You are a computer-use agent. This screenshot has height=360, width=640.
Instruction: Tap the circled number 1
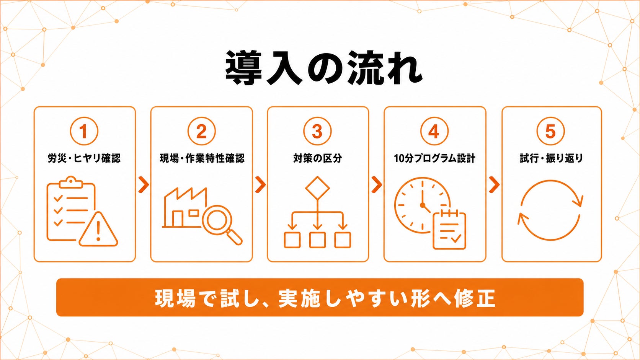[84, 131]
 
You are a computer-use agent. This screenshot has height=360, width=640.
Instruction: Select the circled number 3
[317, 131]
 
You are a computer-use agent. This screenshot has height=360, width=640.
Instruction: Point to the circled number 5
[550, 131]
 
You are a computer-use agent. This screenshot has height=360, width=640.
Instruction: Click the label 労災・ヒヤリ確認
[84, 158]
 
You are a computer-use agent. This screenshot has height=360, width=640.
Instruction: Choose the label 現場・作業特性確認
[202, 158]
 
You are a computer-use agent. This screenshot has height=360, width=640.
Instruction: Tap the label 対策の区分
[317, 158]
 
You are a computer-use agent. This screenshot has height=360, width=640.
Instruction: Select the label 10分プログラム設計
[434, 158]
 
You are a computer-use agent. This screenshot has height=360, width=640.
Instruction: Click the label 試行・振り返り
[551, 158]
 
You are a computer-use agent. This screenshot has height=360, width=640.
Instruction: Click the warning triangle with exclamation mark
[98, 230]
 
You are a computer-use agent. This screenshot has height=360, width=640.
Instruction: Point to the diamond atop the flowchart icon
[317, 188]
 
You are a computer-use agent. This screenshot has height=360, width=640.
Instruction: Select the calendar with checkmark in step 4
[449, 230]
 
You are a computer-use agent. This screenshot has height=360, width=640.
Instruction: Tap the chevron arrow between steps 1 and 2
[144, 185]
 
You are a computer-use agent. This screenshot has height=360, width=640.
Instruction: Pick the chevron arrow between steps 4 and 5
[494, 185]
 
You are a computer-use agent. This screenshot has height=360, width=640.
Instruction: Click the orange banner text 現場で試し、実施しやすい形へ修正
[325, 298]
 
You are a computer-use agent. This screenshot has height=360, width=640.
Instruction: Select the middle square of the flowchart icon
[317, 240]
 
